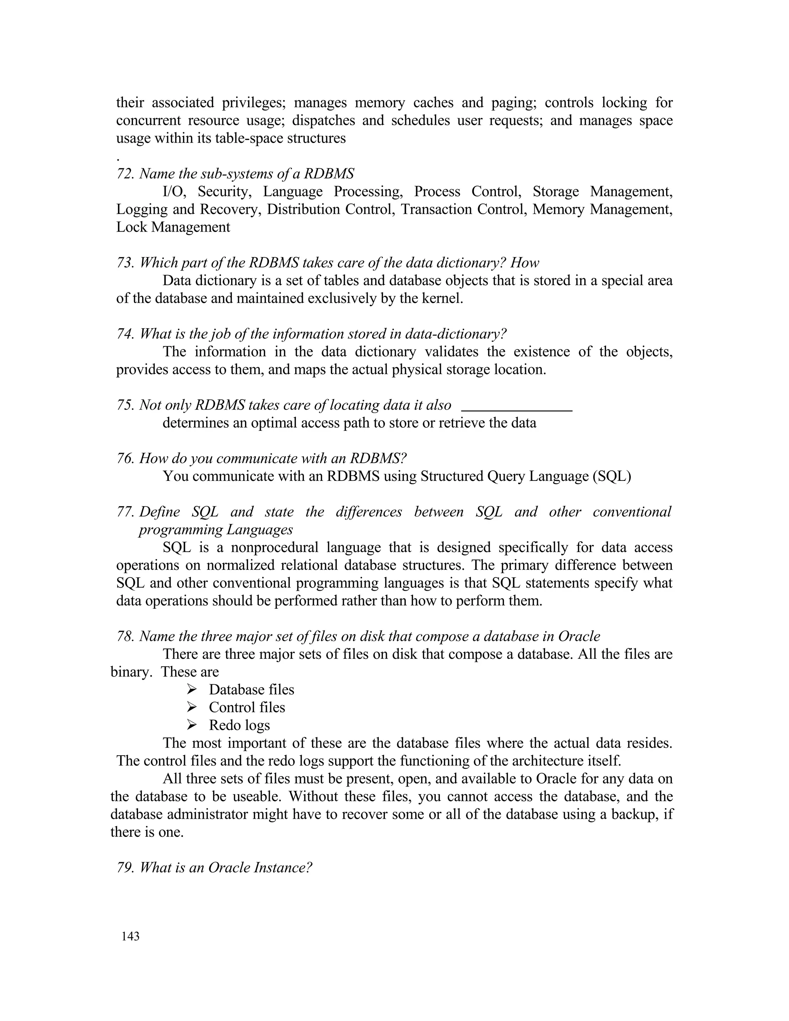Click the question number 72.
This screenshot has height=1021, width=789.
pyautogui.click(x=125, y=174)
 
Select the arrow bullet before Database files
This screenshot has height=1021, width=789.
pyautogui.click(x=191, y=689)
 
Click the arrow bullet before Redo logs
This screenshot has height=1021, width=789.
pyautogui.click(x=191, y=725)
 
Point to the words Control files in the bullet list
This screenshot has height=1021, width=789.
pyautogui.click(x=247, y=707)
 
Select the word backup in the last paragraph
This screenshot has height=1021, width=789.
pyautogui.click(x=633, y=814)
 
